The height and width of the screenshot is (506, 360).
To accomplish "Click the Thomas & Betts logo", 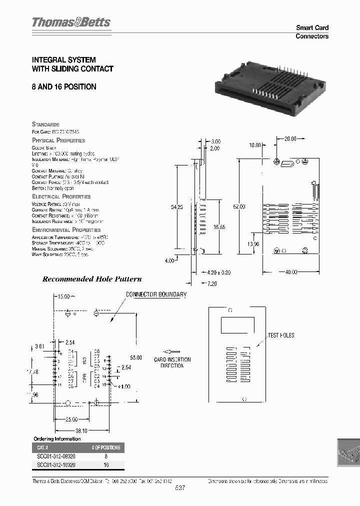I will tap(71, 22).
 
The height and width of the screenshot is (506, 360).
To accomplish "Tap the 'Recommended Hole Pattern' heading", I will tap(92, 279).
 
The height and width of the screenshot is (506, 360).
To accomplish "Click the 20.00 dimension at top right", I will tap(290, 138).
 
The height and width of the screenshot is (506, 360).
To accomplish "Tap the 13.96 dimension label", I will tap(254, 243).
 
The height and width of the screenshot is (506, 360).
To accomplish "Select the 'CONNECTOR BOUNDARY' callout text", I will tap(156, 294).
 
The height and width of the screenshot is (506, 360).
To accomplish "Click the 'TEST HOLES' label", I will tap(281, 335).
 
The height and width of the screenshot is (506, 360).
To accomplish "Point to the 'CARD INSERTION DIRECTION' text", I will tap(172, 362).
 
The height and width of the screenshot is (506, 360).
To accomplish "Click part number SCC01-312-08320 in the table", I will tap(56, 456).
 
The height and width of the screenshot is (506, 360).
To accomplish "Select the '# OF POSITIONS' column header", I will tap(105, 447).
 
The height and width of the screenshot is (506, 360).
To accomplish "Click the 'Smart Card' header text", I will tap(312, 28).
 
